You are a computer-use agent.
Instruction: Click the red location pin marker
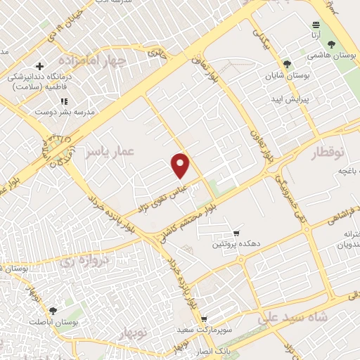181,165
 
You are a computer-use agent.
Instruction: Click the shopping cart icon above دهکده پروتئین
236,233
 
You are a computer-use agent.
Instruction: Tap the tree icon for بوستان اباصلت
53,310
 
